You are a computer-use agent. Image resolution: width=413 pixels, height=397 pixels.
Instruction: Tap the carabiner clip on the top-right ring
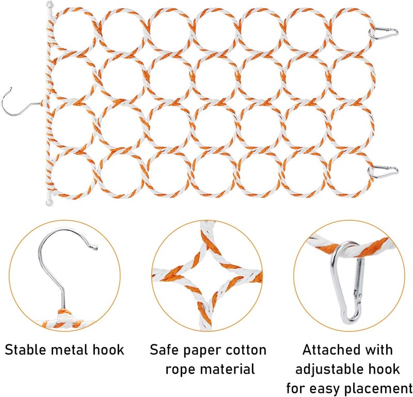[x=384, y=33]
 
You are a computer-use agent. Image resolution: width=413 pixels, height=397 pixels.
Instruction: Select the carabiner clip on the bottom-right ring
[x=383, y=172]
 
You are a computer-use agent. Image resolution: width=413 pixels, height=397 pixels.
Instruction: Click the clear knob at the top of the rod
[x=50, y=5]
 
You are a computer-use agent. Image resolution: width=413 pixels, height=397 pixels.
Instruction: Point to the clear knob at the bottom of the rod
[x=49, y=203]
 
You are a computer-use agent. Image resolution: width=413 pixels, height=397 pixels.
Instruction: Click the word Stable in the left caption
[x=25, y=350]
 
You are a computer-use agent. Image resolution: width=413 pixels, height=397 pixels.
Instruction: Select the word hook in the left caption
[x=108, y=350]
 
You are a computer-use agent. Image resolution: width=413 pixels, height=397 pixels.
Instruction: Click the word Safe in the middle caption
[x=164, y=350]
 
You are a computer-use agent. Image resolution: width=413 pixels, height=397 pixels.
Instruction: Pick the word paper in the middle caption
[x=202, y=352]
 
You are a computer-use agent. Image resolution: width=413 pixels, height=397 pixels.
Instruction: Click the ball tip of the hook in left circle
[x=96, y=248]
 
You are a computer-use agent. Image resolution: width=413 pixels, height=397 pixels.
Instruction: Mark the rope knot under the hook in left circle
[x=63, y=315]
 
